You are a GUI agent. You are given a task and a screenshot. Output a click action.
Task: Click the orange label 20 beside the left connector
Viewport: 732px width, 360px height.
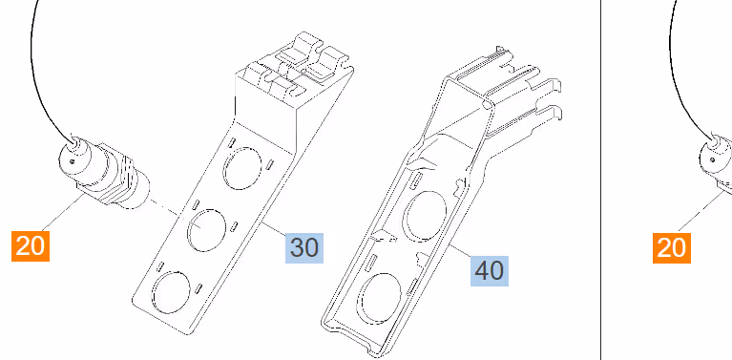click(31, 245)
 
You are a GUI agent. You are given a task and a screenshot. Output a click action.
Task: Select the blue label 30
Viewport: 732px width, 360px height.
click(304, 247)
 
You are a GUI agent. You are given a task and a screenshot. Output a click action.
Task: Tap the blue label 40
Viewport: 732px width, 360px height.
click(490, 270)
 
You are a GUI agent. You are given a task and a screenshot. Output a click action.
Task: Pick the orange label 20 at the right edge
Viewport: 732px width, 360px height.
click(671, 247)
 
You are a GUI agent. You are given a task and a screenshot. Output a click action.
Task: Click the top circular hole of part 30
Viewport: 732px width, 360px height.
click(242, 169)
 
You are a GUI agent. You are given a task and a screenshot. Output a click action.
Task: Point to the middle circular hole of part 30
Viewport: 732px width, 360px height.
click(207, 230)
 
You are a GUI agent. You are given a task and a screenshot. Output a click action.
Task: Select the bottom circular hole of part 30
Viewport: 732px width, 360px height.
click(172, 292)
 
